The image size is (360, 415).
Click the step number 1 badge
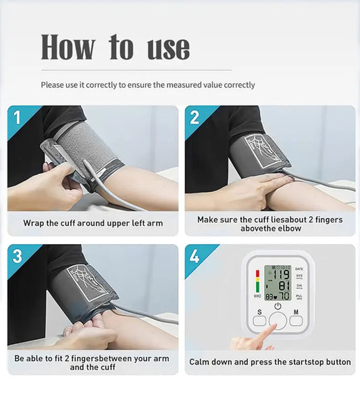pos(17,118)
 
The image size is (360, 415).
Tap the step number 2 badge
pos(195,118)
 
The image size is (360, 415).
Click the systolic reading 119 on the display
pos(282,274)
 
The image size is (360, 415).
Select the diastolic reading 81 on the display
pos(284,286)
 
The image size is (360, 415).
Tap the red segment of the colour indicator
pos(257,274)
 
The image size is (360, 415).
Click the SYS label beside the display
pos(299,276)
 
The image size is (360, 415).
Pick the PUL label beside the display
pos(299,296)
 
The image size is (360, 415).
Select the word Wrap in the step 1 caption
pos(33,223)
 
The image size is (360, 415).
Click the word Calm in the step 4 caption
pos(201,362)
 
